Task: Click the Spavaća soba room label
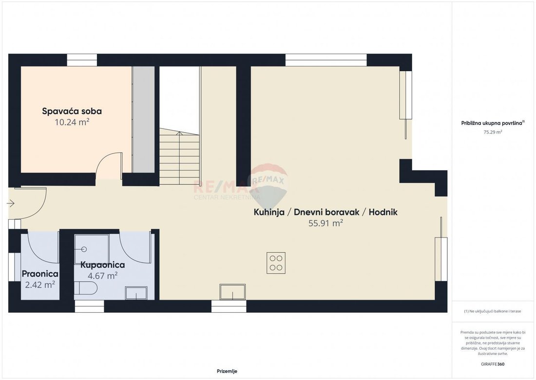click(72, 111)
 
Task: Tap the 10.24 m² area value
click(72, 122)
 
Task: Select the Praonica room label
click(40, 274)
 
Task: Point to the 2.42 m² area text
click(40, 285)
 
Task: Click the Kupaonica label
click(102, 265)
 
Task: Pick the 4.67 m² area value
click(103, 276)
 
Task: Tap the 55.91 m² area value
click(326, 223)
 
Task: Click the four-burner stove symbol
click(276, 263)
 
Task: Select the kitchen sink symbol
click(232, 292)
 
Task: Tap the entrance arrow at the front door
click(11, 204)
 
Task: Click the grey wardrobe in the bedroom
click(144, 120)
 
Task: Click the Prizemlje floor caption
click(227, 371)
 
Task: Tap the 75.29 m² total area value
click(493, 132)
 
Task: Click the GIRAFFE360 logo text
click(492, 364)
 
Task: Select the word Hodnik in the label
click(383, 212)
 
